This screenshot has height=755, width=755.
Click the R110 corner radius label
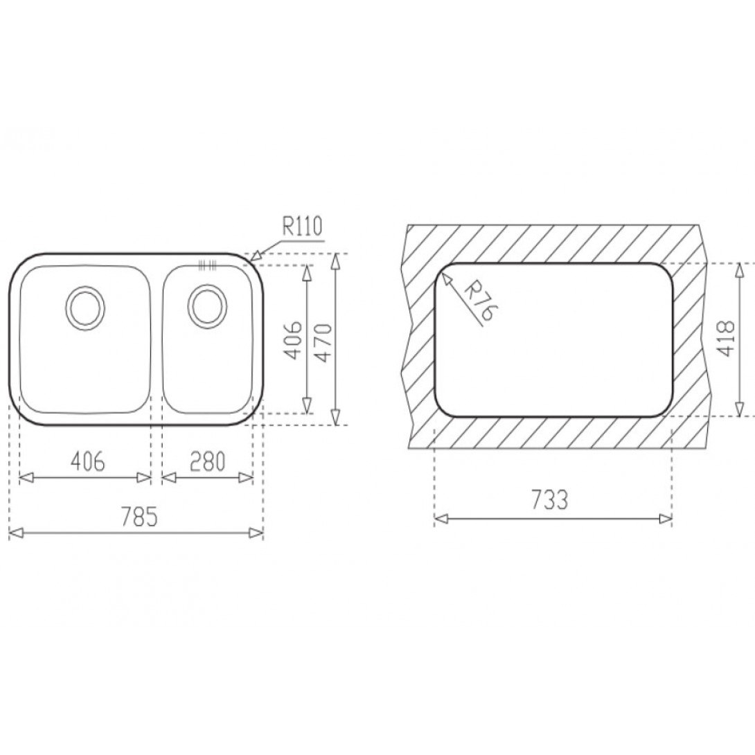point(302,227)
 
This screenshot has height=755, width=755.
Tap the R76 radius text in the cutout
point(477,301)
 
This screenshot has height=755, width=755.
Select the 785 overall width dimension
point(137,516)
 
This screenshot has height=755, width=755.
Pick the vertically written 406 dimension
point(294,339)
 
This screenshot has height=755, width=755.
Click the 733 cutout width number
point(551,500)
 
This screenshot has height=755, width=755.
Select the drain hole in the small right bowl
point(207,305)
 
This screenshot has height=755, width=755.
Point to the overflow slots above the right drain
point(207,264)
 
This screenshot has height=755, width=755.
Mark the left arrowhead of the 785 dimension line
point(15,533)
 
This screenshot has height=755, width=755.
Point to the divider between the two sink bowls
point(156,339)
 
